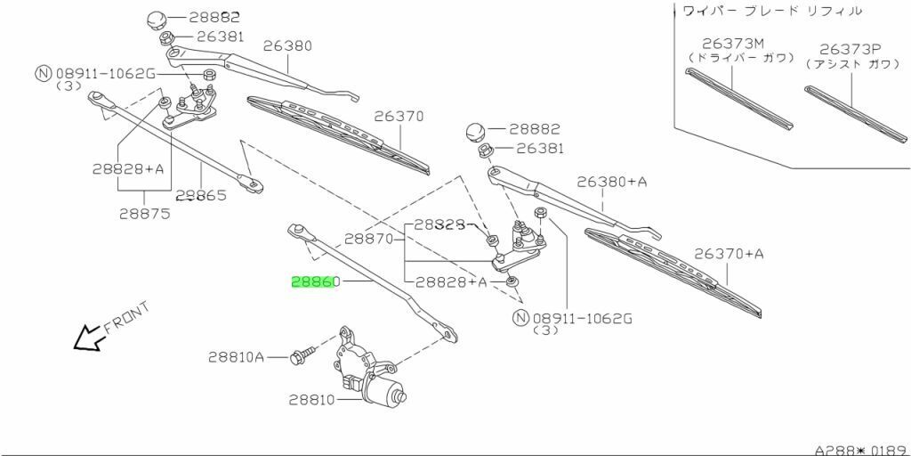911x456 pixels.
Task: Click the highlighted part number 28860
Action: pos(316,281)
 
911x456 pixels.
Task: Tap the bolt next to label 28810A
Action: pos(301,356)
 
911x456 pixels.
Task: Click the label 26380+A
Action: pos(612,182)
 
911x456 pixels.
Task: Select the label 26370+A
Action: pos(729,254)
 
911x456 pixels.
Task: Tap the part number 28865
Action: pos(201,195)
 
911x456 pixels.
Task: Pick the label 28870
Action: pos(369,239)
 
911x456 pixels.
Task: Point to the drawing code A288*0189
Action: pos(859,450)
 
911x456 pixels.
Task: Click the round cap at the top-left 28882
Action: pos(157,20)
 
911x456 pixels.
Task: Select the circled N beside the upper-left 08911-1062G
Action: pos(42,74)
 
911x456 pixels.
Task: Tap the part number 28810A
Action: pos(237,357)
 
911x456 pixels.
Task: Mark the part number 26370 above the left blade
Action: pos(399,116)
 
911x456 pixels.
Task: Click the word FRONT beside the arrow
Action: pos(126,318)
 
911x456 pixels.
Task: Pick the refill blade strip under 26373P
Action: pos(854,114)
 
